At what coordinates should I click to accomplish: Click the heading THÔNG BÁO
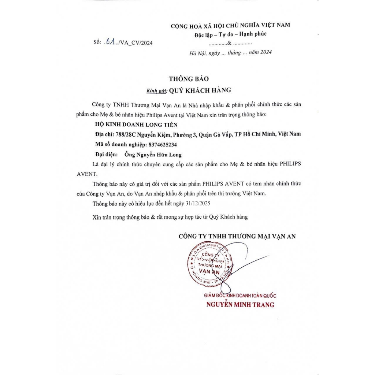pos(189,79)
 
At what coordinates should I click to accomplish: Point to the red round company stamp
pos(210,264)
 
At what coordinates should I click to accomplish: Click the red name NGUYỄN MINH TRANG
pos(240,305)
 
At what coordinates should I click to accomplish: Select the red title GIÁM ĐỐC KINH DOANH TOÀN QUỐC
pos(240,296)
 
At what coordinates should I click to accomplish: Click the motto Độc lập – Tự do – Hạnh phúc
pos(230,34)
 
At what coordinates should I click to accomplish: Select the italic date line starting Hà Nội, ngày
pos(230,53)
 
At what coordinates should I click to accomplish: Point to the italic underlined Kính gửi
pos(156,90)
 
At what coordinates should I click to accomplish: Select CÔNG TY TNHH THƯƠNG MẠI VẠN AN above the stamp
pos(237,237)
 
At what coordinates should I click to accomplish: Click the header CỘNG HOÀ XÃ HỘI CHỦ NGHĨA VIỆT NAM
pos(230,25)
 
